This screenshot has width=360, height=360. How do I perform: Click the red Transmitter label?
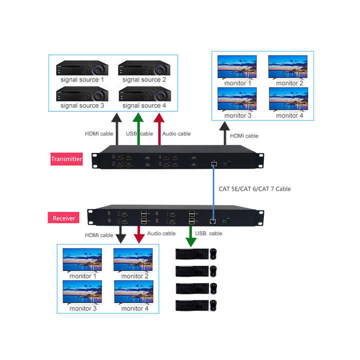coord(66,159)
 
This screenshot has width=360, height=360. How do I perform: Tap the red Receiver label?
coord(63,218)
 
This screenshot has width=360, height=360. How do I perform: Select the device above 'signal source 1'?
coord(82,68)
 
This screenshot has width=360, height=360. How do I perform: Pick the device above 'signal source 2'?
coord(144,68)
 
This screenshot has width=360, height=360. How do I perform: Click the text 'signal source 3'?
coord(82,105)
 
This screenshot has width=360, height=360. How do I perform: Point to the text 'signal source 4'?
coord(144,105)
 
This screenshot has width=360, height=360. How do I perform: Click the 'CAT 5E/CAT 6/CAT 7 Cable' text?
coord(254,189)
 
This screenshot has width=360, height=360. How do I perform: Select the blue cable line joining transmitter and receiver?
coord(213,190)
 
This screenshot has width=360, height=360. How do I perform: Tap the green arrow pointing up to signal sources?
coord(138,130)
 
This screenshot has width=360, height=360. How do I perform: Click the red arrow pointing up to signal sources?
coord(159,130)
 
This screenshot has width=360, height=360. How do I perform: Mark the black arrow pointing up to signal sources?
coord(116,130)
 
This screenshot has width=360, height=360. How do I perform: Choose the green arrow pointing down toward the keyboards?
coord(191,236)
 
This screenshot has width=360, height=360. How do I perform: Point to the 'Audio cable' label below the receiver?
coord(161,233)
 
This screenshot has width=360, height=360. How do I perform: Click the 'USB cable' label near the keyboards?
coord(209,233)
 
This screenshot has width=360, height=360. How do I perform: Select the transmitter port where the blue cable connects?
coord(213,163)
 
